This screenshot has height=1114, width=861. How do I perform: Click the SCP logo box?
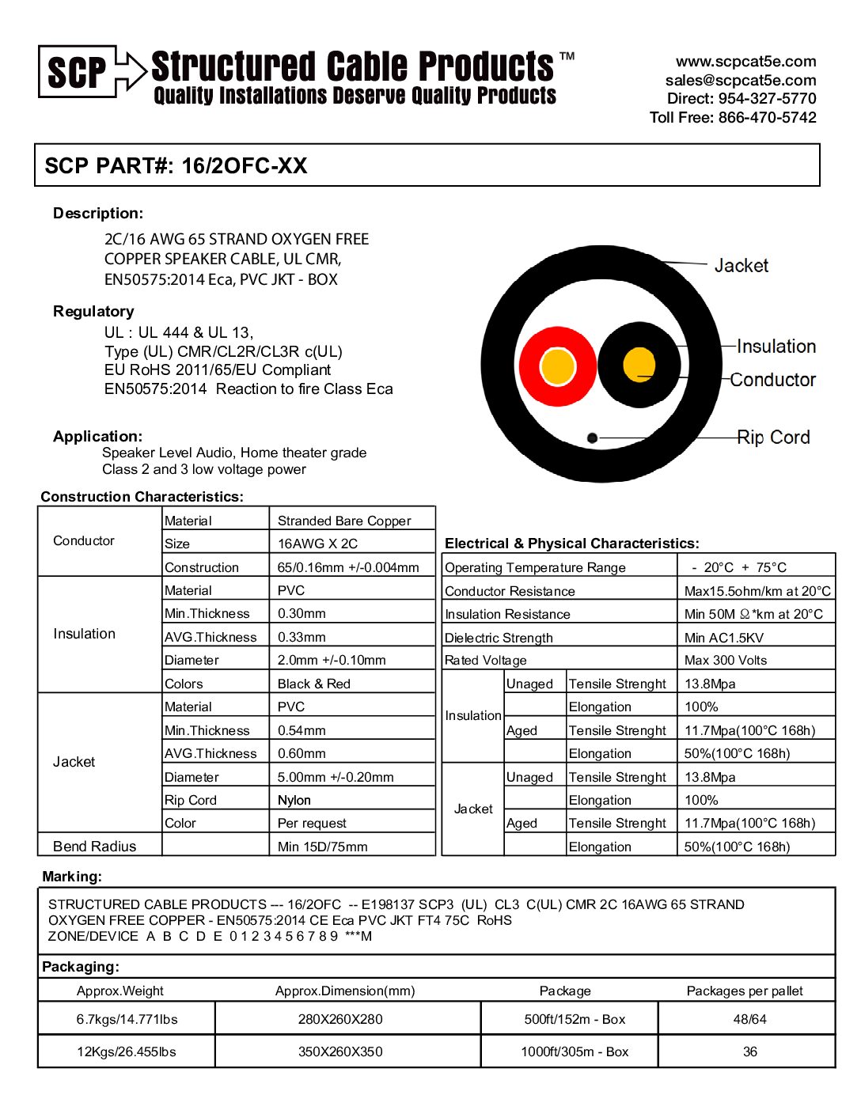point(78,72)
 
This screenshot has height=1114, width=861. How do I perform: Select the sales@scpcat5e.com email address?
point(741,80)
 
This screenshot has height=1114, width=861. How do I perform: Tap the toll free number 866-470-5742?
point(767,117)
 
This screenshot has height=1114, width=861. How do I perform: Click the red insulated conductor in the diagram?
point(557,366)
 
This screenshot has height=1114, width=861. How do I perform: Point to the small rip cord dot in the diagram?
point(592,438)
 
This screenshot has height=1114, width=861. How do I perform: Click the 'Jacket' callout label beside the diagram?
point(741,266)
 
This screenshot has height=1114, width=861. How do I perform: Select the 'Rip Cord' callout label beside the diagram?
point(773,438)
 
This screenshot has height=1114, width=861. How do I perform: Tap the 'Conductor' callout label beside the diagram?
point(772,380)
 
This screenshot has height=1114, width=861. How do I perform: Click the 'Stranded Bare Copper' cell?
point(344,521)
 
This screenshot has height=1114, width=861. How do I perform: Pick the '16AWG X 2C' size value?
point(317,544)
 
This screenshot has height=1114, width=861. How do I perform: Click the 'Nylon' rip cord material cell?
point(294,800)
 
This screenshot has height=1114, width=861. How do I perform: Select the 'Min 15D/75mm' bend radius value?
point(322,847)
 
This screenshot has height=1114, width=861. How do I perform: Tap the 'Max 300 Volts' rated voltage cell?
point(726,660)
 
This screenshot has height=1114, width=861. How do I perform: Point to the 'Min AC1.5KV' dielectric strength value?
point(724,638)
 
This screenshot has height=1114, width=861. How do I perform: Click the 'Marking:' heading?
point(72,877)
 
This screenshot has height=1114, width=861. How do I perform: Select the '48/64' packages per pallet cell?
point(749,1019)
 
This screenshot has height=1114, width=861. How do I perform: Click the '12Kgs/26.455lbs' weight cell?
point(127,1051)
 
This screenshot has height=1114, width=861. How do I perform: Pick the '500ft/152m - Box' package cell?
point(575,1019)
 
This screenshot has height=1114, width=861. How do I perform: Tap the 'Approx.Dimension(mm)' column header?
point(345,991)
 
